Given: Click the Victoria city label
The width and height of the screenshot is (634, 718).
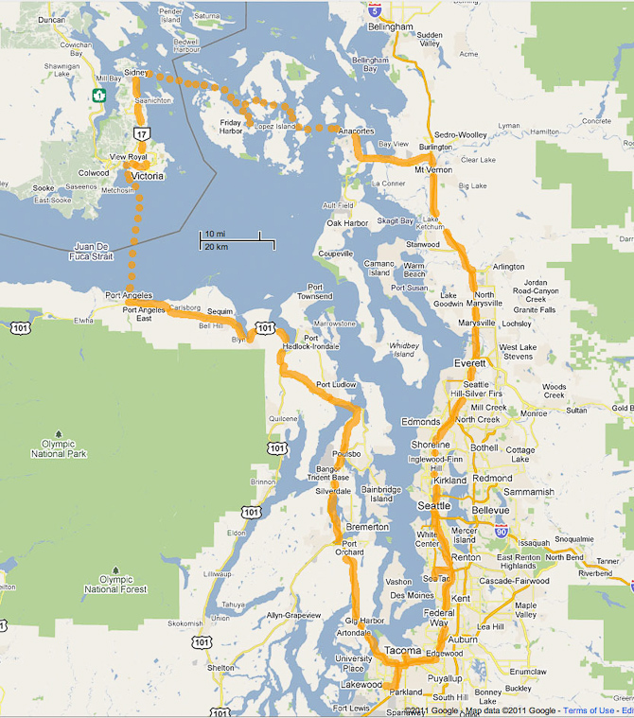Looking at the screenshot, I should click(148, 176).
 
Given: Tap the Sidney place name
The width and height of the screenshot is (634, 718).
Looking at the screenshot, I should click(136, 73).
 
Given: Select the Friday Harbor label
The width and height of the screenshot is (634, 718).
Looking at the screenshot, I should click(231, 126).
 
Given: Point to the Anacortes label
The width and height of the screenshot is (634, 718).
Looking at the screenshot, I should click(357, 131).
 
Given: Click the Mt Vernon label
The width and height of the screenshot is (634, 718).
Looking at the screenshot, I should click(433, 170).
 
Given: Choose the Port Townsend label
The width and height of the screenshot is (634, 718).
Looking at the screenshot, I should click(315, 291).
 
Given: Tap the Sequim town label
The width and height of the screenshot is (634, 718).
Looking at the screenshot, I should click(220, 311).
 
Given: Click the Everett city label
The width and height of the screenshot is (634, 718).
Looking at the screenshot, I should click(469, 363).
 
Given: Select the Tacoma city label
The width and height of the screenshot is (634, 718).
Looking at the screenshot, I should click(402, 651).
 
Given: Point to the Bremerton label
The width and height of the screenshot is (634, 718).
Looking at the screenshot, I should click(367, 526).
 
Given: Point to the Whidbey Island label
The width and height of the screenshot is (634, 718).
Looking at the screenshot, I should click(404, 350).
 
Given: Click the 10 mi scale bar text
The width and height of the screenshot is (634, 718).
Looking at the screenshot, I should click(215, 234).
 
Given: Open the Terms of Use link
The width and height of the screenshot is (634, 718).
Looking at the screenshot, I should click(588, 710).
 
